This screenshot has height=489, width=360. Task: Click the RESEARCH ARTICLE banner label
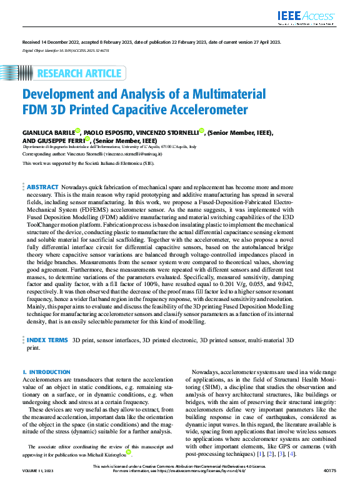79,73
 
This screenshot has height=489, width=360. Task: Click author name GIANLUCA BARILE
47,132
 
